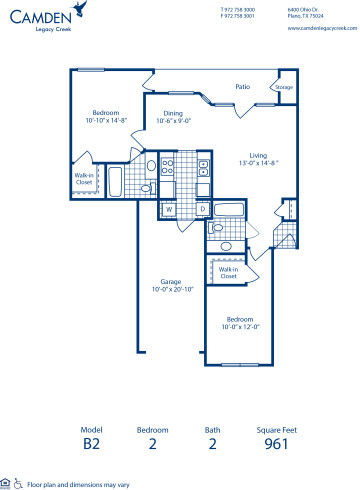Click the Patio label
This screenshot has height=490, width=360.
coord(241,87)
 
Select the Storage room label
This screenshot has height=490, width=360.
coord(284,88)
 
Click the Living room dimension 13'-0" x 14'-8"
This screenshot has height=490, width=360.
coord(257,162)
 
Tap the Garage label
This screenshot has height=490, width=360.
coord(171,281)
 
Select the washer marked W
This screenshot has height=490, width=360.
coord(168,209)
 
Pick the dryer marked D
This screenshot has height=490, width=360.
coord(201,209)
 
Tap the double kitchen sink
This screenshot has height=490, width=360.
coord(168,166)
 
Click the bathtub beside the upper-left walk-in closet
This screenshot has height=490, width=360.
coord(113,182)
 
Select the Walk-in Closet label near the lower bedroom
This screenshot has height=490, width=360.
coord(228,272)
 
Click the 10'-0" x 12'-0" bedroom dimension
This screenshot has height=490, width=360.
coord(240,326)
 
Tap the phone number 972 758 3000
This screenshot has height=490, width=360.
coord(238,9)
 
